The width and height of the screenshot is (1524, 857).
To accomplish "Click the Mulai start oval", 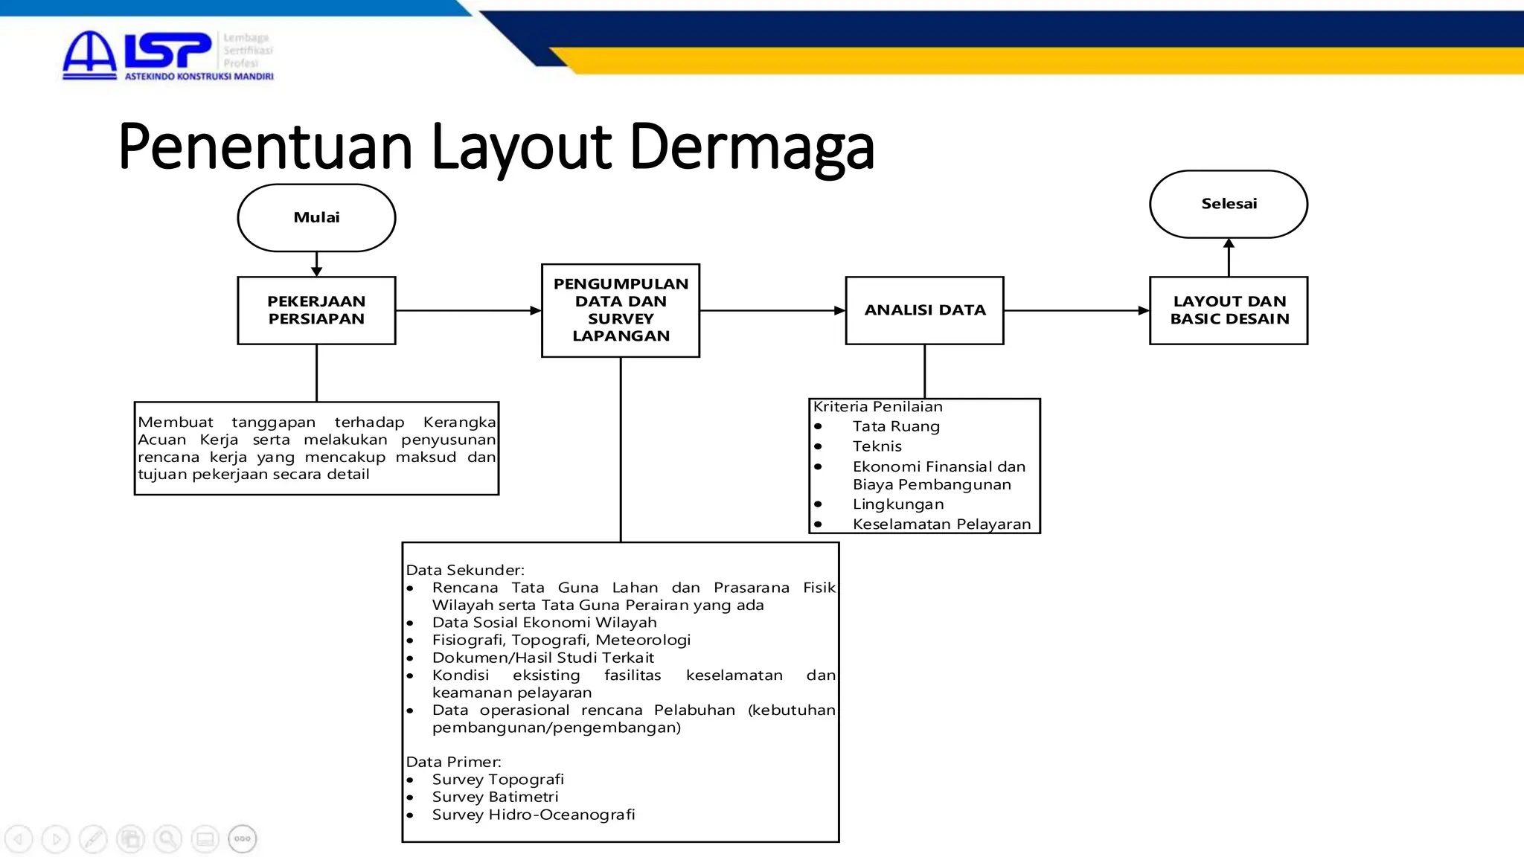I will click(x=316, y=217).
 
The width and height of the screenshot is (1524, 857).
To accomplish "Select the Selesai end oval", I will click(x=1229, y=204).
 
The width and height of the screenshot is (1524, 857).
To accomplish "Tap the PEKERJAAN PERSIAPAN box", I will click(x=316, y=310).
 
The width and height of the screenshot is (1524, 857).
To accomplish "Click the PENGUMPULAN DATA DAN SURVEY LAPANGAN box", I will click(x=621, y=310).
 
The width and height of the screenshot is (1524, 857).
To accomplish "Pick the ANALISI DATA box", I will click(x=924, y=310).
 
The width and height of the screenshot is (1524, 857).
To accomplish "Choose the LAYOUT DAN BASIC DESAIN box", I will click(x=1229, y=310).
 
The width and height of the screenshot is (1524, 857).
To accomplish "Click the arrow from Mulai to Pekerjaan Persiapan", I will click(x=316, y=265).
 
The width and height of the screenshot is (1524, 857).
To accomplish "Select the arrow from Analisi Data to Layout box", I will click(x=1076, y=310).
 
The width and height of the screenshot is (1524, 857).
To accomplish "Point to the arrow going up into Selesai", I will click(x=1229, y=257).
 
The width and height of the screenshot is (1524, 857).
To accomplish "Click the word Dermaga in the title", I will click(x=752, y=147).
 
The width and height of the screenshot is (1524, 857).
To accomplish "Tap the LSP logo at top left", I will click(x=167, y=54).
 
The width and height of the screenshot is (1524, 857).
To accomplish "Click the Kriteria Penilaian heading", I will click(x=877, y=407).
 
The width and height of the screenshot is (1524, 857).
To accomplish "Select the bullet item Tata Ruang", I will click(x=896, y=426).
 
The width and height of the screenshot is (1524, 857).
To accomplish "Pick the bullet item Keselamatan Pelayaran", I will click(x=941, y=524).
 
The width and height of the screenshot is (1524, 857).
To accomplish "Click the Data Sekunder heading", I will click(x=465, y=570).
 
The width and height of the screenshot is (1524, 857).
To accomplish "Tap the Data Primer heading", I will click(x=453, y=762).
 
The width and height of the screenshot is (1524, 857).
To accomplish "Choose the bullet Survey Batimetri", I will click(x=495, y=797).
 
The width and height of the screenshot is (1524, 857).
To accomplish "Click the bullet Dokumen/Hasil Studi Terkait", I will click(x=542, y=658).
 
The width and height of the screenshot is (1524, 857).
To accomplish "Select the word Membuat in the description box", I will click(x=176, y=423).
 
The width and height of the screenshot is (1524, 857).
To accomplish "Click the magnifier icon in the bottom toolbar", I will click(x=167, y=839).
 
